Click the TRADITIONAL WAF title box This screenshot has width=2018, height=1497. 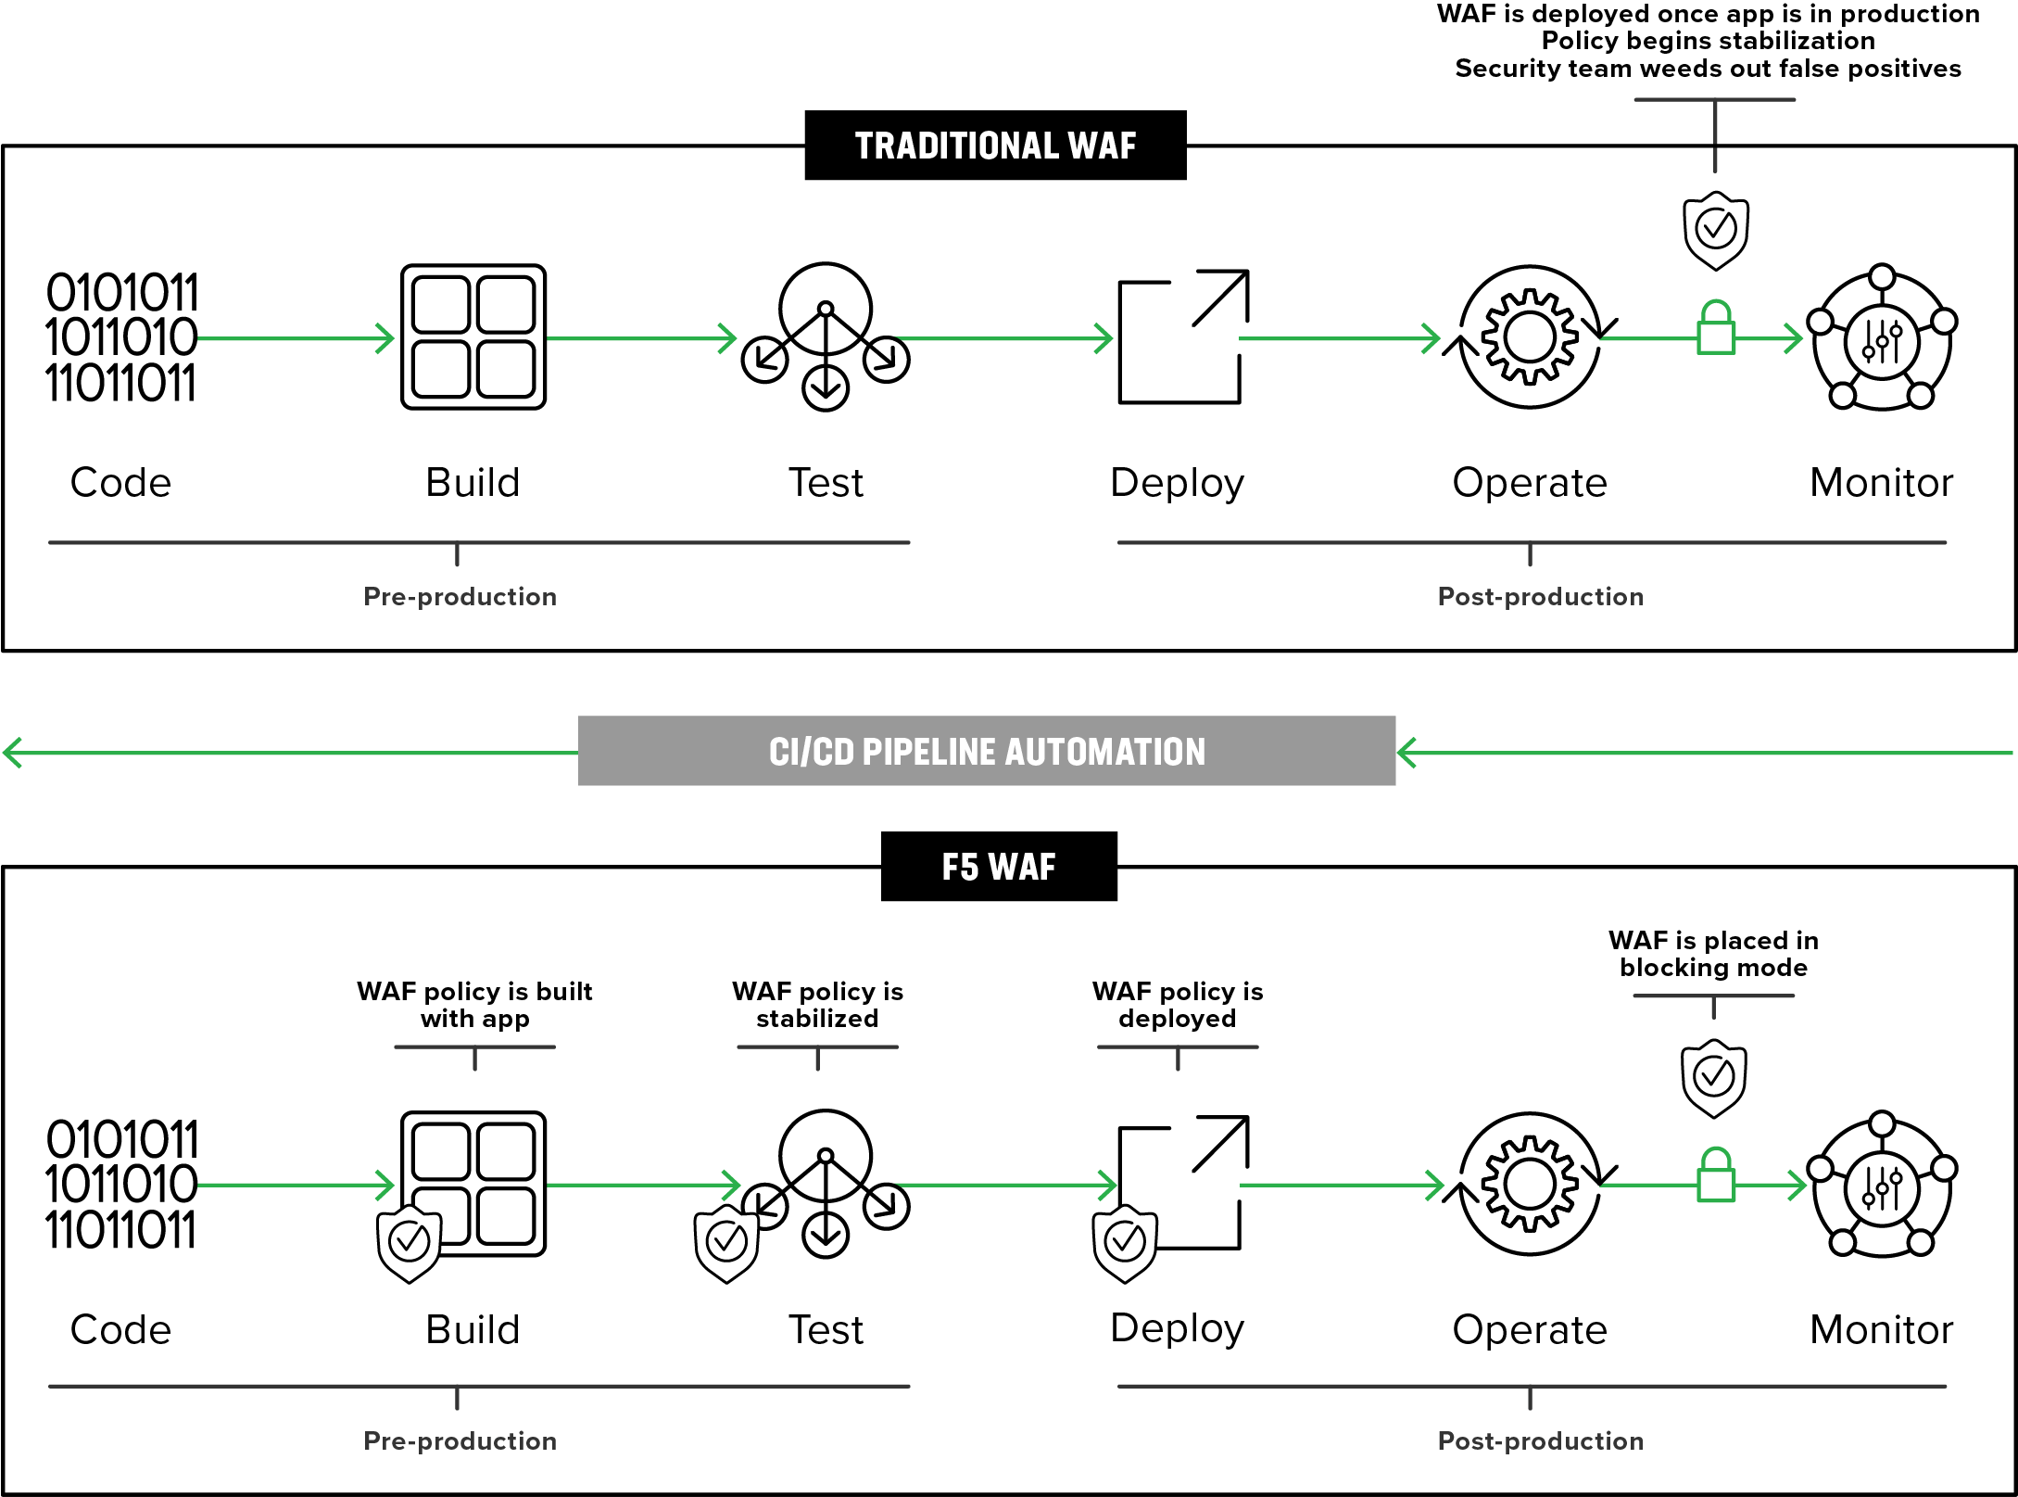[994, 146]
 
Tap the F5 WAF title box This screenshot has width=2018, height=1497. [999, 867]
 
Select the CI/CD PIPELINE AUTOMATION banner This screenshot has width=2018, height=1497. [987, 751]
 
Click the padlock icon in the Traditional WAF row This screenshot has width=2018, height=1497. [1715, 328]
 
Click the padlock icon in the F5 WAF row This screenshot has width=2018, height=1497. [1715, 1175]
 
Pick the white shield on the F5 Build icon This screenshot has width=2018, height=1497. [409, 1243]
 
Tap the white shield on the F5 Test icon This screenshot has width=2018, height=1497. [726, 1243]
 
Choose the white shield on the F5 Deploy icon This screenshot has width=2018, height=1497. [1125, 1243]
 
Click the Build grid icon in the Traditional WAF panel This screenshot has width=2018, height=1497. [473, 336]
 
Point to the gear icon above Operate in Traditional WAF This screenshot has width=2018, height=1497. [1530, 336]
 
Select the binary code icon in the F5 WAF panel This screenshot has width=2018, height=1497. [121, 1185]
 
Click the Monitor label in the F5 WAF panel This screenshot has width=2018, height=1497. [1882, 1330]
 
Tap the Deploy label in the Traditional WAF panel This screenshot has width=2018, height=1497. [1177, 483]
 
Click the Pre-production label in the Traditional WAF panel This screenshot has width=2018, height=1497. [460, 596]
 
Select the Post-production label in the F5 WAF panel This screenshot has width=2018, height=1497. [1540, 1440]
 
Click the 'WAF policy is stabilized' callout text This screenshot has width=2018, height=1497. [817, 1005]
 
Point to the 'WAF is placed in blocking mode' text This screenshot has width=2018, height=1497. [1713, 954]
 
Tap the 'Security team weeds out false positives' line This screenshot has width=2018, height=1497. [1708, 69]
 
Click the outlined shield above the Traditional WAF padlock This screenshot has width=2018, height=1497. [1716, 230]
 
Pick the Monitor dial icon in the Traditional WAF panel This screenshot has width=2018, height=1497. [1883, 338]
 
